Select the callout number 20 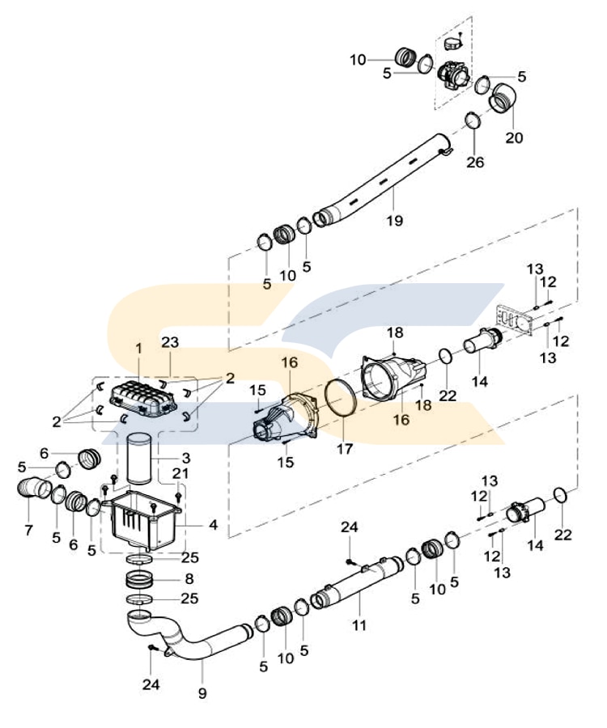pos(515,138)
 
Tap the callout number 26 pos(475,163)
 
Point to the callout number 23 pos(169,342)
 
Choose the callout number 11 pos(359,624)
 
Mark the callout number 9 pos(202,693)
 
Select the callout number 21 pos(180,473)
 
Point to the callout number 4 pos(213,524)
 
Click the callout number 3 pos(185,457)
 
